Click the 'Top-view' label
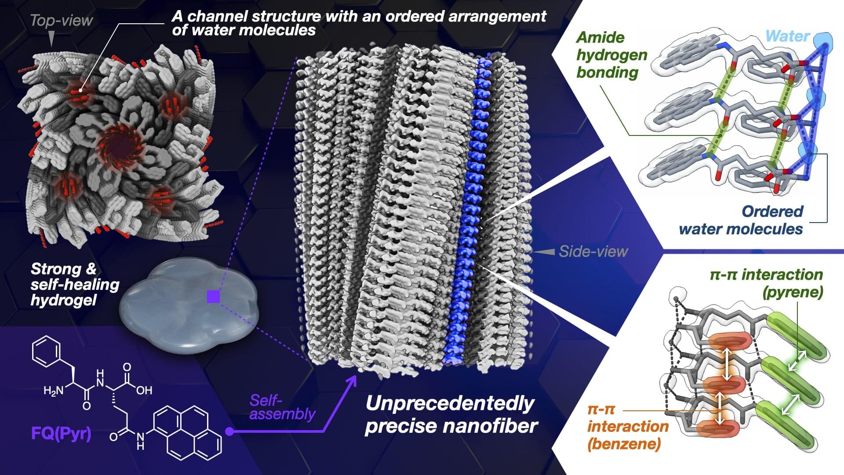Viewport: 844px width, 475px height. (x=61, y=20)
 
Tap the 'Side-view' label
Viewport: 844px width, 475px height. (x=593, y=252)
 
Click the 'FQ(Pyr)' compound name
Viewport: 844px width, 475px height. (x=62, y=434)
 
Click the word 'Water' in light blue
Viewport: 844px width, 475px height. (x=787, y=36)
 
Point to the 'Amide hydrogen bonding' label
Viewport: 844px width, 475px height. (x=611, y=55)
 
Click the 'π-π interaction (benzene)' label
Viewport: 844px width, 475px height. (x=628, y=426)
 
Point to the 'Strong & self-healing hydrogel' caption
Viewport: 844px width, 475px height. (x=75, y=284)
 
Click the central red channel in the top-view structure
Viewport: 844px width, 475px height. (x=117, y=147)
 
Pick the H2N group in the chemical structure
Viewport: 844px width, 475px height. (x=54, y=390)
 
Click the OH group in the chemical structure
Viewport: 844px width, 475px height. (x=144, y=390)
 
